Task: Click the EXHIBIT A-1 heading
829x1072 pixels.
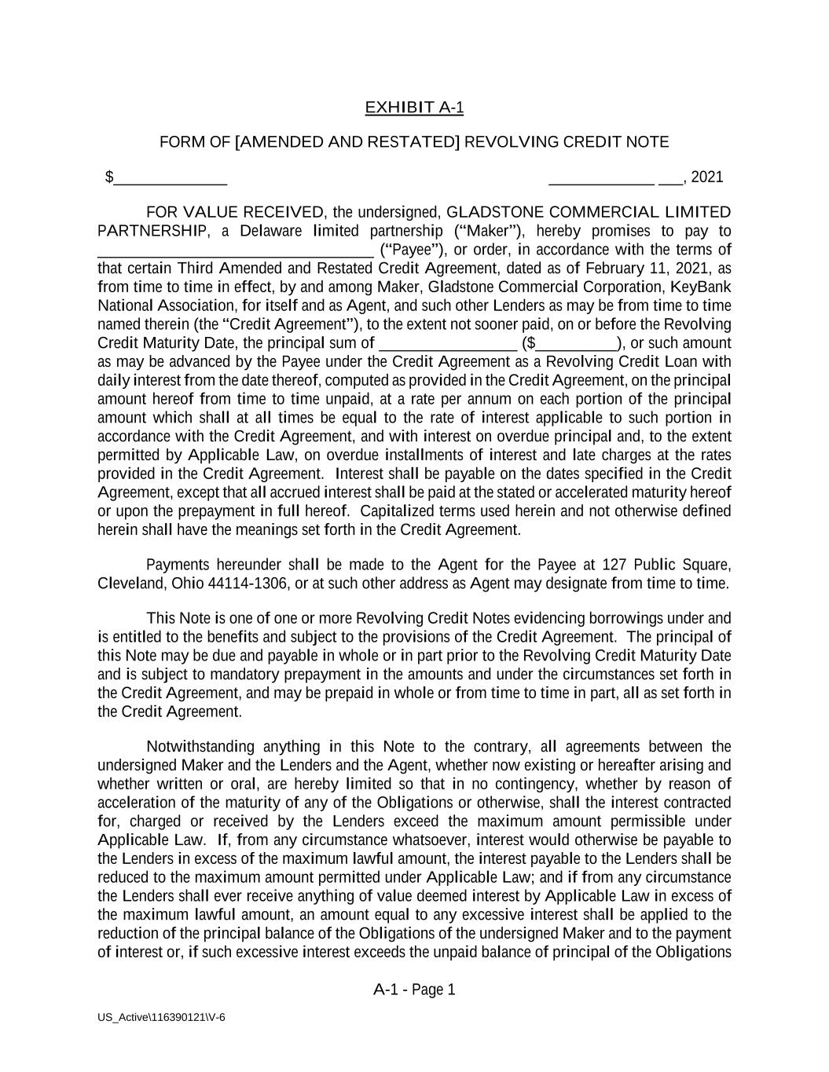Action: (414, 108)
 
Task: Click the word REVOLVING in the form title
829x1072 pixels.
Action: (512, 142)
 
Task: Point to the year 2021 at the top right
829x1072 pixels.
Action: (707, 177)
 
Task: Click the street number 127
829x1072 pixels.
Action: (614, 565)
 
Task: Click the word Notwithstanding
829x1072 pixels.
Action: (200, 747)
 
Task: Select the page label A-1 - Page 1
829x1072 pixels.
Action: (414, 990)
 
